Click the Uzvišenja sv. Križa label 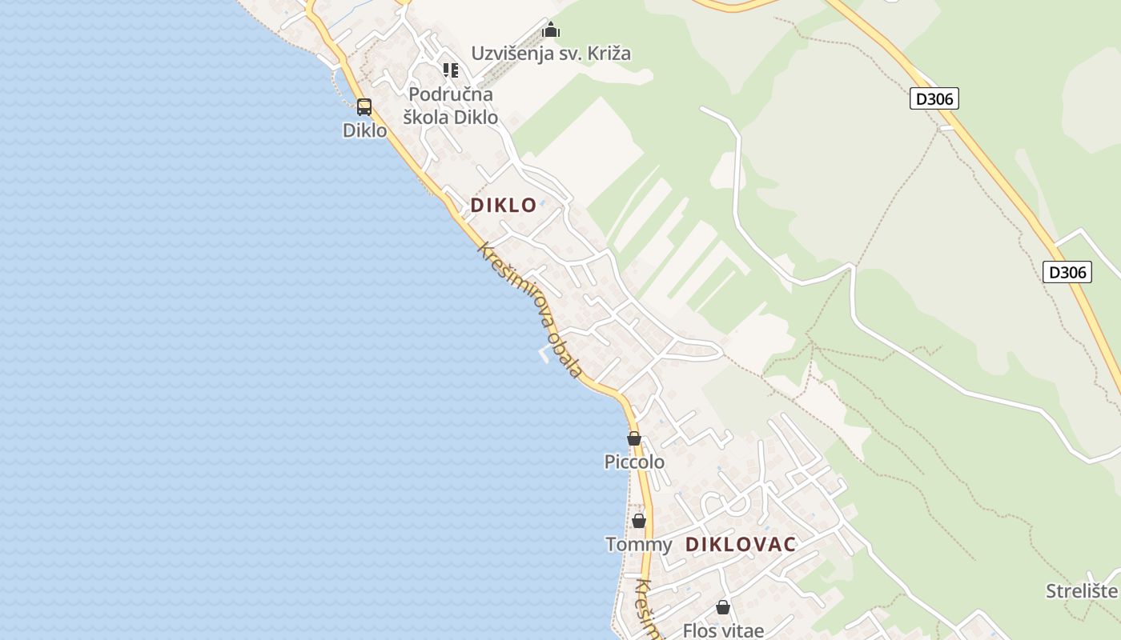pyautogui.click(x=551, y=54)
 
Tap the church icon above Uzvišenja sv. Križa pyautogui.click(x=551, y=30)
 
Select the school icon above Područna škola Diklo pyautogui.click(x=451, y=70)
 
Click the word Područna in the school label pyautogui.click(x=451, y=94)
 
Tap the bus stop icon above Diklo pyautogui.click(x=364, y=106)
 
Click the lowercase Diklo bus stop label pyautogui.click(x=364, y=130)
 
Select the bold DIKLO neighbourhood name pyautogui.click(x=503, y=205)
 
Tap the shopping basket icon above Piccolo pyautogui.click(x=634, y=438)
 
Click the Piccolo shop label pyautogui.click(x=634, y=462)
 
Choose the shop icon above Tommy pyautogui.click(x=638, y=521)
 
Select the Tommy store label pyautogui.click(x=638, y=545)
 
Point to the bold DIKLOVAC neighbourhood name pyautogui.click(x=741, y=545)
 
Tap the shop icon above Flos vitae pyautogui.click(x=723, y=607)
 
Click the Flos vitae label pyautogui.click(x=723, y=630)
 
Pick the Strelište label pyautogui.click(x=1082, y=591)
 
